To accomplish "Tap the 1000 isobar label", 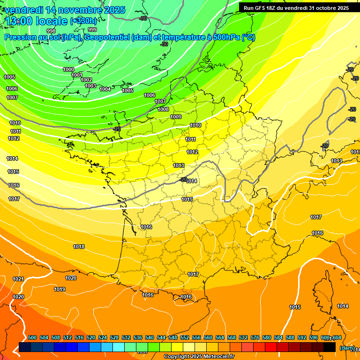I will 68,69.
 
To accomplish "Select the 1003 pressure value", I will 90,86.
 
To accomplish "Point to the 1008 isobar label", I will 163,109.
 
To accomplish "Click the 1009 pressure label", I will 176,117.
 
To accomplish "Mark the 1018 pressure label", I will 79,247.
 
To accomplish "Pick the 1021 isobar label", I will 18,279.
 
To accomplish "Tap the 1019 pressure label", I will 60,289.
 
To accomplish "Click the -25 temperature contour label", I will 117,129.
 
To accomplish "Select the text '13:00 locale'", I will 37,21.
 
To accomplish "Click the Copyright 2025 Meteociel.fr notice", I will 199,357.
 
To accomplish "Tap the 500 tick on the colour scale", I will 32,337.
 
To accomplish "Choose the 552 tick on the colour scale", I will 185,337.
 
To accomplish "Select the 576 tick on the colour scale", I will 255,337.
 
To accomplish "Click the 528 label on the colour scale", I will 114,337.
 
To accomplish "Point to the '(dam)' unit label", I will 347,348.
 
